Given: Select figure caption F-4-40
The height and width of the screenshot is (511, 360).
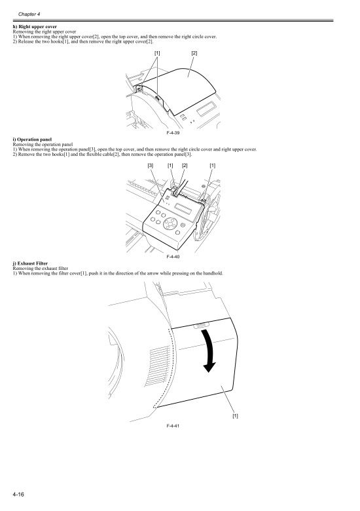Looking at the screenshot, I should tap(173, 257).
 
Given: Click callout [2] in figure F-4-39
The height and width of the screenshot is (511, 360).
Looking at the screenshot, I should tap(194, 52).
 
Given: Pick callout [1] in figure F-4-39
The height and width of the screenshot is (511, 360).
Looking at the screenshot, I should tap(157, 52).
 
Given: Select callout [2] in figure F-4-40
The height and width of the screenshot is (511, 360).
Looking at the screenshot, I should tap(185, 166).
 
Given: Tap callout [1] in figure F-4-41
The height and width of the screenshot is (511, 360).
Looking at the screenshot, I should tap(235, 415).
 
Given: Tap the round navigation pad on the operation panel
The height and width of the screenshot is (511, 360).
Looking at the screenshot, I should tap(171, 226).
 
